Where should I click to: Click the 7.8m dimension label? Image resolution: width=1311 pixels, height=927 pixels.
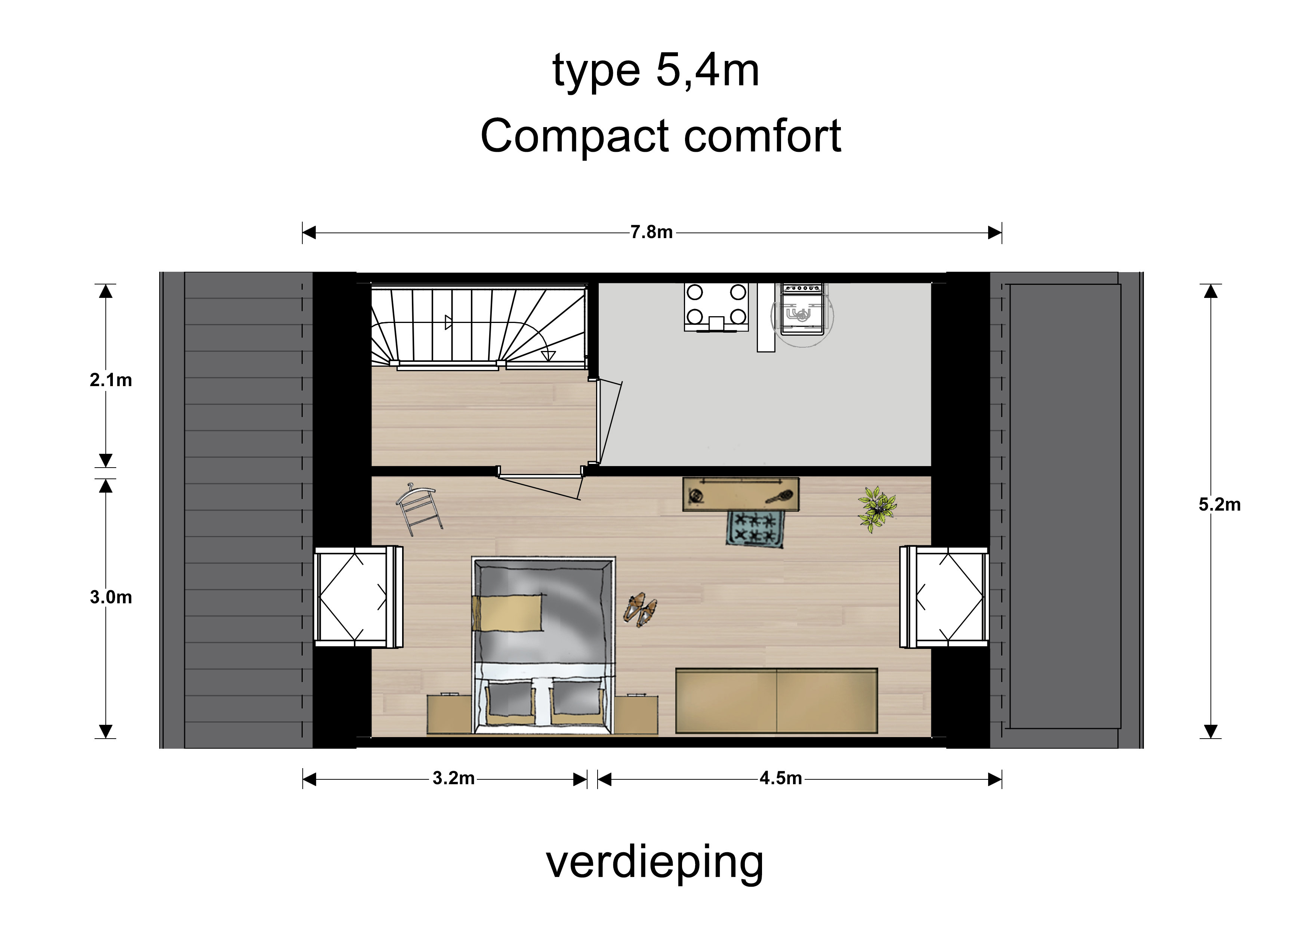click(651, 232)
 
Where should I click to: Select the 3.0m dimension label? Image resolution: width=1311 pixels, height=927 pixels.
click(111, 597)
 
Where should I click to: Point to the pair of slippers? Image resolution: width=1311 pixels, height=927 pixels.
click(640, 609)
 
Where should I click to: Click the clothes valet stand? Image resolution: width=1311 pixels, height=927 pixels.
click(419, 509)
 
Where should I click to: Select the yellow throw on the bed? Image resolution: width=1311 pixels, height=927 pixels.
click(507, 613)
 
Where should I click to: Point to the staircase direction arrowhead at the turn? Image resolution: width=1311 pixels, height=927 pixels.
click(548, 356)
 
